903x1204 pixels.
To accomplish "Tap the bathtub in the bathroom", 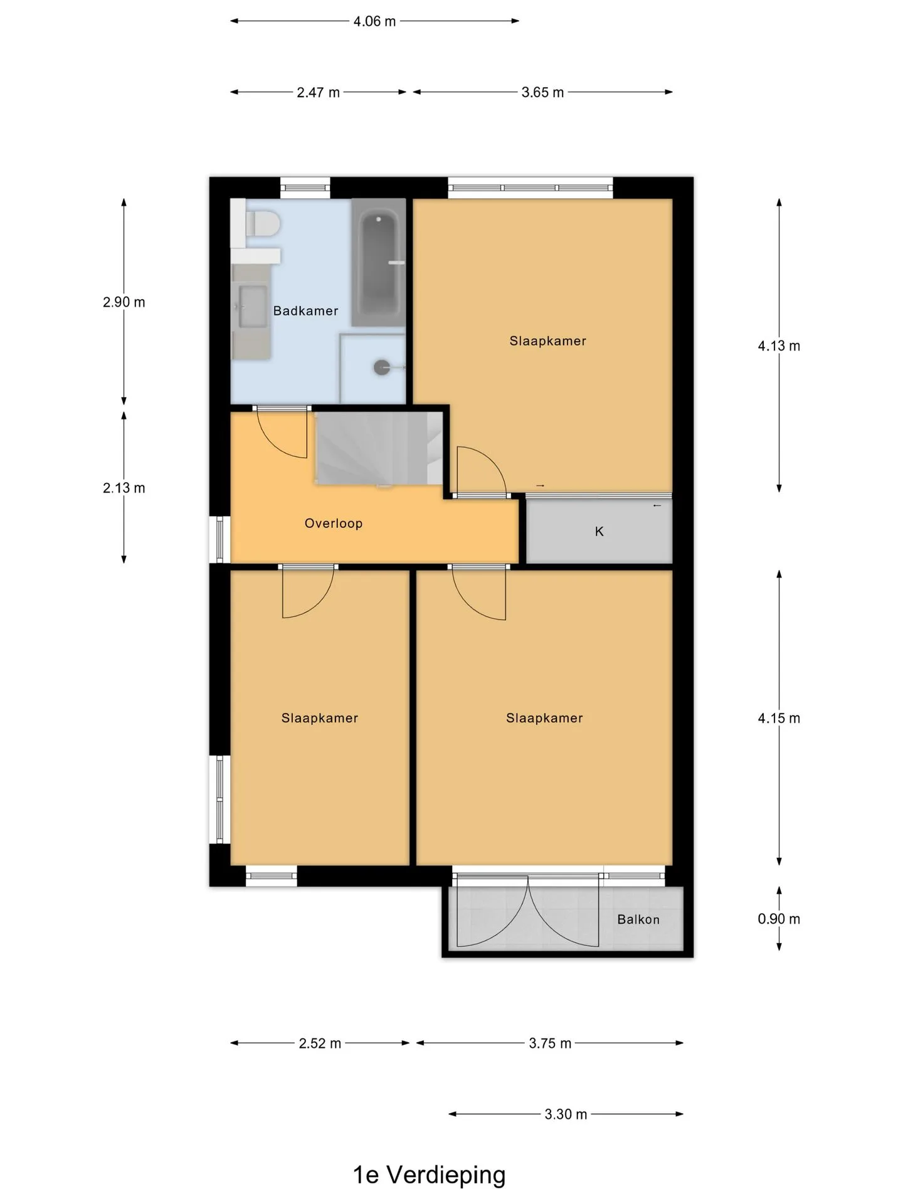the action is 378,262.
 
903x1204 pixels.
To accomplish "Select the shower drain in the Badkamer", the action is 382,367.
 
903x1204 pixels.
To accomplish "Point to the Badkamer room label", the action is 305,311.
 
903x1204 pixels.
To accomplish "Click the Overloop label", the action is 334,524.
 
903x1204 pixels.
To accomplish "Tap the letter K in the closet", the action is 599,532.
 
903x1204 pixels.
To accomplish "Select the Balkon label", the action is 638,919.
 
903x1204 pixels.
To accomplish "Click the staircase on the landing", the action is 381,448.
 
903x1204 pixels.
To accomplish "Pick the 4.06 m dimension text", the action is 374,21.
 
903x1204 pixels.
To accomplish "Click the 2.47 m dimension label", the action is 318,93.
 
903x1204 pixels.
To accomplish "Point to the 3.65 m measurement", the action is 542,93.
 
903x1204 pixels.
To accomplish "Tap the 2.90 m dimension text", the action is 124,302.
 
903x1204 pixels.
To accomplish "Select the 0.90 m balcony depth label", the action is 779,919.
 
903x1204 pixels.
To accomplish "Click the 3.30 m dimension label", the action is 566,1114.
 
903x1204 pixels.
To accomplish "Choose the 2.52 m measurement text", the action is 320,1043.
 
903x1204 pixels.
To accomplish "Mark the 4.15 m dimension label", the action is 779,719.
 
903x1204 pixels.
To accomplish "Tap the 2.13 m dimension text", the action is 124,488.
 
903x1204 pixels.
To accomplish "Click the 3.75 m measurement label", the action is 550,1043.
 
